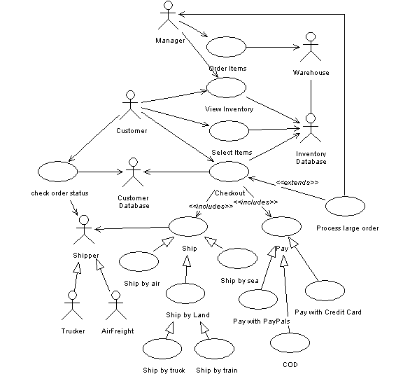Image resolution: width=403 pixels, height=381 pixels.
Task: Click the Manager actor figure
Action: [x=168, y=15]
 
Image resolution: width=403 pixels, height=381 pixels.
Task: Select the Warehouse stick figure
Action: [x=311, y=47]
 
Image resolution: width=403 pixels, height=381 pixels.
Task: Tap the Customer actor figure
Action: [x=130, y=105]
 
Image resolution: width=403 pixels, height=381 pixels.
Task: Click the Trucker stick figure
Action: [x=72, y=305]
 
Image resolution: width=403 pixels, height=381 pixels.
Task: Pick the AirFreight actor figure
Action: [x=116, y=305]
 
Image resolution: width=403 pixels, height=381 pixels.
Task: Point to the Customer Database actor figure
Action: [x=133, y=172]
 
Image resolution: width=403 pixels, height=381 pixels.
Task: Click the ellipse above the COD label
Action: [x=290, y=343]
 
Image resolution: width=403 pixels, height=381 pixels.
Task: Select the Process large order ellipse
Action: [x=345, y=206]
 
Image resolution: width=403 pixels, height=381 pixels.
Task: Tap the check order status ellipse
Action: [x=57, y=172]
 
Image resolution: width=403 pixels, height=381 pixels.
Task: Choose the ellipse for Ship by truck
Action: [x=162, y=349]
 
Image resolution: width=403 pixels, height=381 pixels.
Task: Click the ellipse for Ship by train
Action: [x=214, y=349]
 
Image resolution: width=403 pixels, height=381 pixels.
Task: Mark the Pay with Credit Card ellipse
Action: [x=325, y=291]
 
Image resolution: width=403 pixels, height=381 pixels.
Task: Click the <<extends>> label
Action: [x=297, y=182]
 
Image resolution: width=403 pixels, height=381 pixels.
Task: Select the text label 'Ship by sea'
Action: [x=239, y=281]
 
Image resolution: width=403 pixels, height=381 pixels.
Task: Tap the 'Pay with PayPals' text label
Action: [x=262, y=321]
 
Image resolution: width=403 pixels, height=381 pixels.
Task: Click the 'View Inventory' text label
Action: [x=229, y=109]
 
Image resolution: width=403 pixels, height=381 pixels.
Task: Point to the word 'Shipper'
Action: [x=86, y=256]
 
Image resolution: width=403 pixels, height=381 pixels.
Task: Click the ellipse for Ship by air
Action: [x=139, y=261]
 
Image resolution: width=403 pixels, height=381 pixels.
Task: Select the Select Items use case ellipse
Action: [x=229, y=131]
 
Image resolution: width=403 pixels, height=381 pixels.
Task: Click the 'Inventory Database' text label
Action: [x=311, y=158]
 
